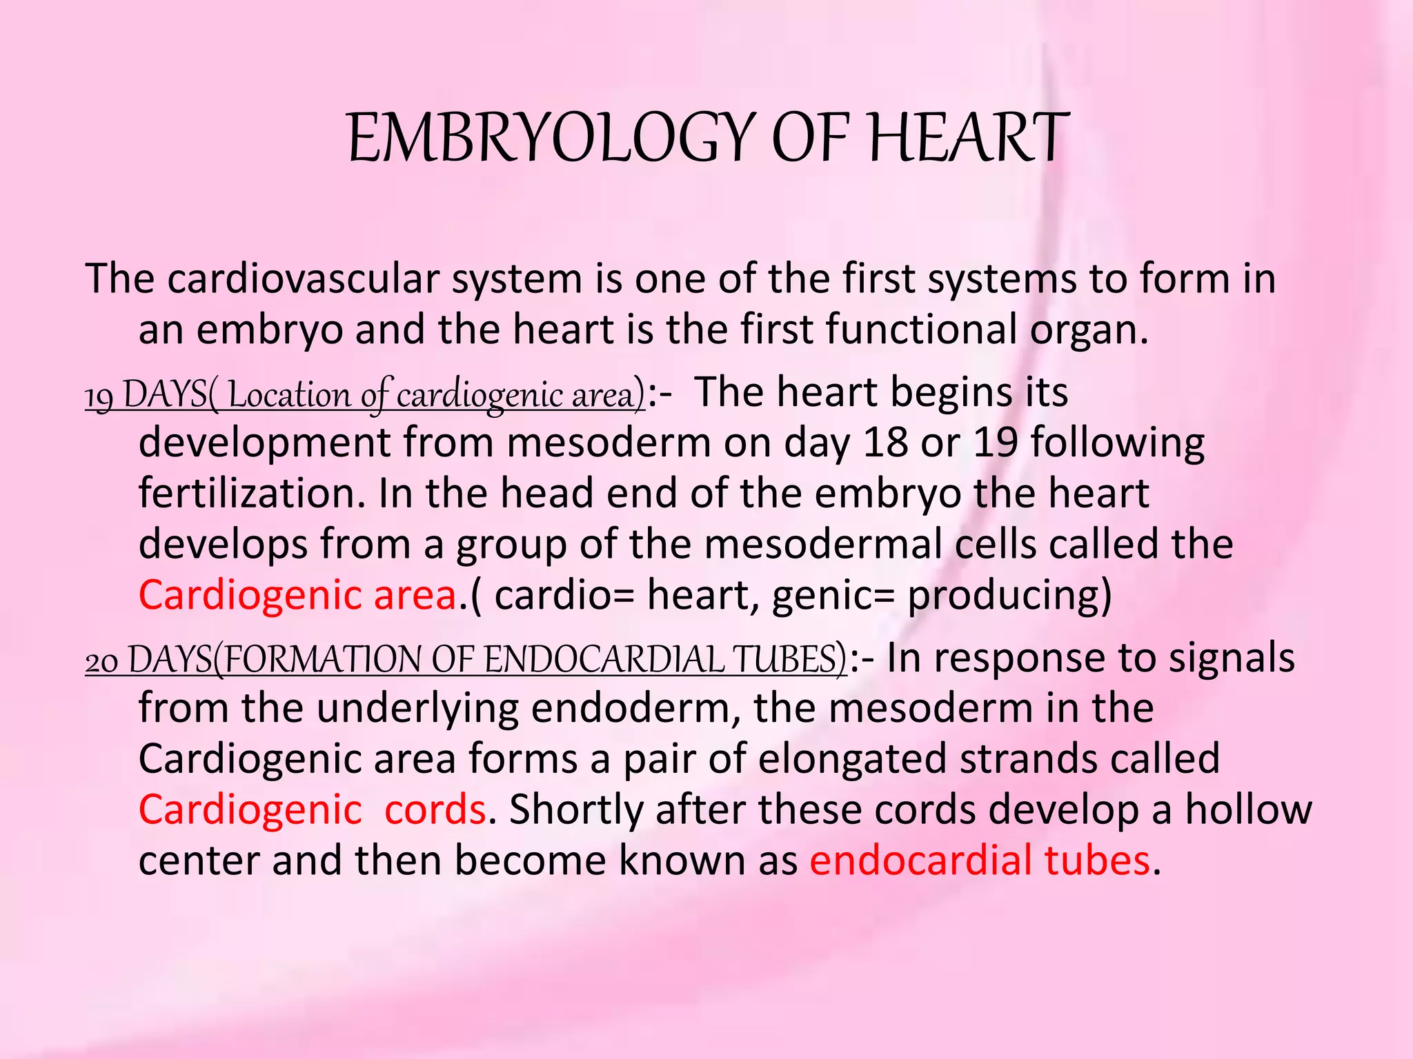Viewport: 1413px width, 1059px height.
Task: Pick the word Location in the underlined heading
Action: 288,395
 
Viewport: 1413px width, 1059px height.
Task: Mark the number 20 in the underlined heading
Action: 101,660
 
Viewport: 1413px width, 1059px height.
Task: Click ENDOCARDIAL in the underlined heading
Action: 603,660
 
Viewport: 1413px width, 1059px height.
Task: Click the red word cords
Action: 435,809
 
